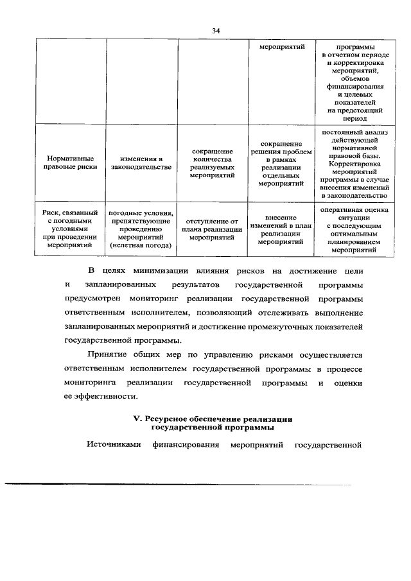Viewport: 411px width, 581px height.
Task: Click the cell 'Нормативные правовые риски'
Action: tap(71, 162)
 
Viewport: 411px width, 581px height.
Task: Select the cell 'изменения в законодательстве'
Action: tap(141, 162)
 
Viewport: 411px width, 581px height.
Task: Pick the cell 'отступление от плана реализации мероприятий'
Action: tap(213, 228)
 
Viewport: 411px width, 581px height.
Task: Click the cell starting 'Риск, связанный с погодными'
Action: tap(71, 228)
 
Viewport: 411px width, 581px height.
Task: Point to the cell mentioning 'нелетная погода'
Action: tap(141, 228)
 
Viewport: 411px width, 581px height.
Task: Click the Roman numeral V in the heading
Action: tap(136, 418)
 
